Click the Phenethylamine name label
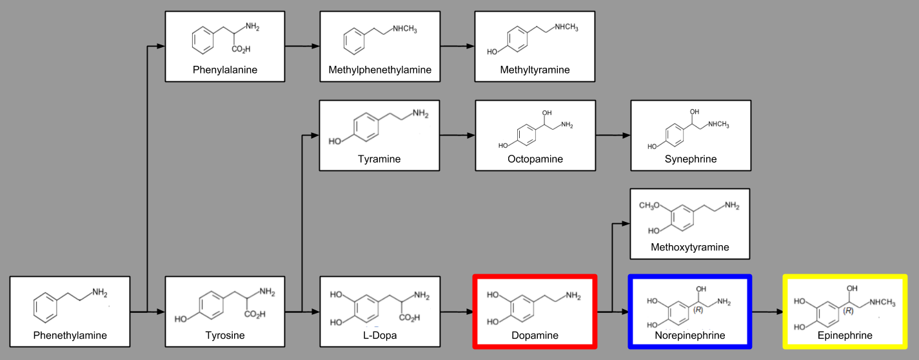(x=70, y=335)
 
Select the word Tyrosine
(x=225, y=335)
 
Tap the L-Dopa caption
(x=380, y=335)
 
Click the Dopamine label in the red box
(x=535, y=335)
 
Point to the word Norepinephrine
(x=689, y=335)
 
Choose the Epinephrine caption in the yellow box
(x=844, y=335)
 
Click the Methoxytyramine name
(x=690, y=247)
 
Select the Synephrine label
(x=691, y=159)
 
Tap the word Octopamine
(x=535, y=159)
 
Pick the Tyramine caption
(x=379, y=159)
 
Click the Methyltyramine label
(x=535, y=70)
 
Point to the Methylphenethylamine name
(x=380, y=70)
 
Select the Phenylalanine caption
(x=224, y=70)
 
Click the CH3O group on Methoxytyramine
(x=651, y=206)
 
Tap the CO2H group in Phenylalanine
(x=241, y=49)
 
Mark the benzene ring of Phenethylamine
(x=46, y=306)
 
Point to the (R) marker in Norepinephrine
(x=697, y=310)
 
